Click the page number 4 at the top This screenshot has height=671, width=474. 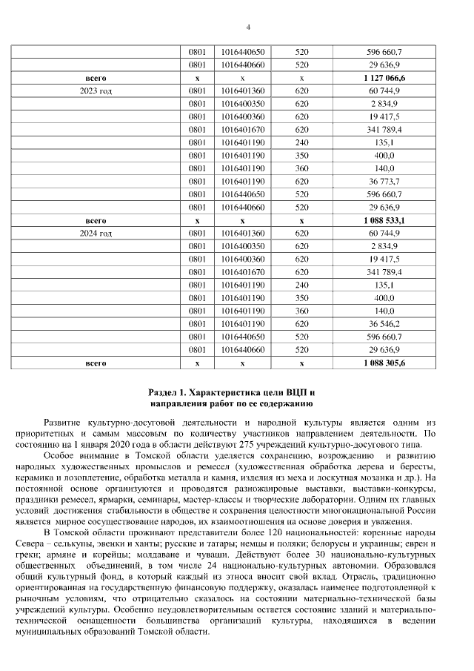pyautogui.click(x=248, y=27)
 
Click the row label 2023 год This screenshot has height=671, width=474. pyautogui.click(x=96, y=90)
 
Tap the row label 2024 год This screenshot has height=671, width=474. pyautogui.click(x=96, y=234)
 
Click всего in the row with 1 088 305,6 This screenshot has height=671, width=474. pyautogui.click(x=96, y=363)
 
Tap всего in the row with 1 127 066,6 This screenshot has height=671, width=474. pyautogui.click(x=96, y=77)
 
